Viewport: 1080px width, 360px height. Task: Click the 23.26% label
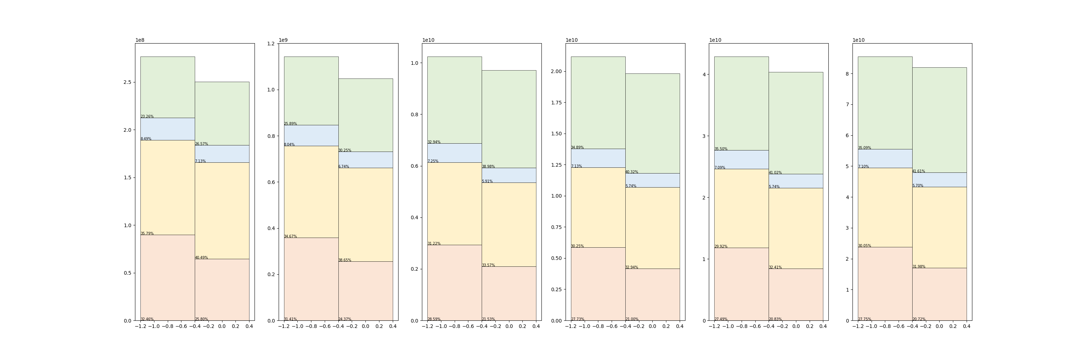coord(147,117)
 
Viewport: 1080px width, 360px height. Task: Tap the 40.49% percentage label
coord(201,258)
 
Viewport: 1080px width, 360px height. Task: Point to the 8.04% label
coord(289,145)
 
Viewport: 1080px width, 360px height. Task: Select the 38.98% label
coord(488,167)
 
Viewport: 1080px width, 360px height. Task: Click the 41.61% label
coord(919,171)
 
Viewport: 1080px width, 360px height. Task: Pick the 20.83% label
coord(775,319)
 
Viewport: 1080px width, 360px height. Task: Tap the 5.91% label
coord(487,181)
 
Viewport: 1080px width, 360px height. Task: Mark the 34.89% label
coord(577,148)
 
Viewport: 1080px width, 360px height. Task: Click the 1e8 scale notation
coord(140,40)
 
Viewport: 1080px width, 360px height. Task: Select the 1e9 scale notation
coord(283,40)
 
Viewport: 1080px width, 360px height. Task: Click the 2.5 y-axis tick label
coord(127,82)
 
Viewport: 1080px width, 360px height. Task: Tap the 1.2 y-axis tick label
coord(271,44)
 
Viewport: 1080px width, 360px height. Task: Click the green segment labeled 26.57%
coord(222,113)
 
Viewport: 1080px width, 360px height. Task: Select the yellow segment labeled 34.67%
coord(311,192)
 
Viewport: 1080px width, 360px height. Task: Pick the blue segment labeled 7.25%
coord(454,153)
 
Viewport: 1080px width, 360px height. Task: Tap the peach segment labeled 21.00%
coord(652,294)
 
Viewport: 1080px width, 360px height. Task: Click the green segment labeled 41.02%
coord(796,123)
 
